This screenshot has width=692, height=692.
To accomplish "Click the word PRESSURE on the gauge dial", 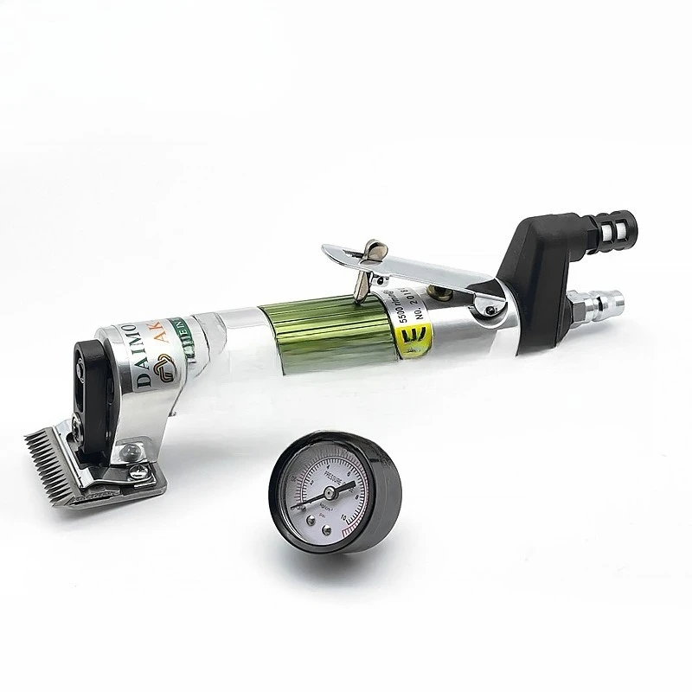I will (x=336, y=474).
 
